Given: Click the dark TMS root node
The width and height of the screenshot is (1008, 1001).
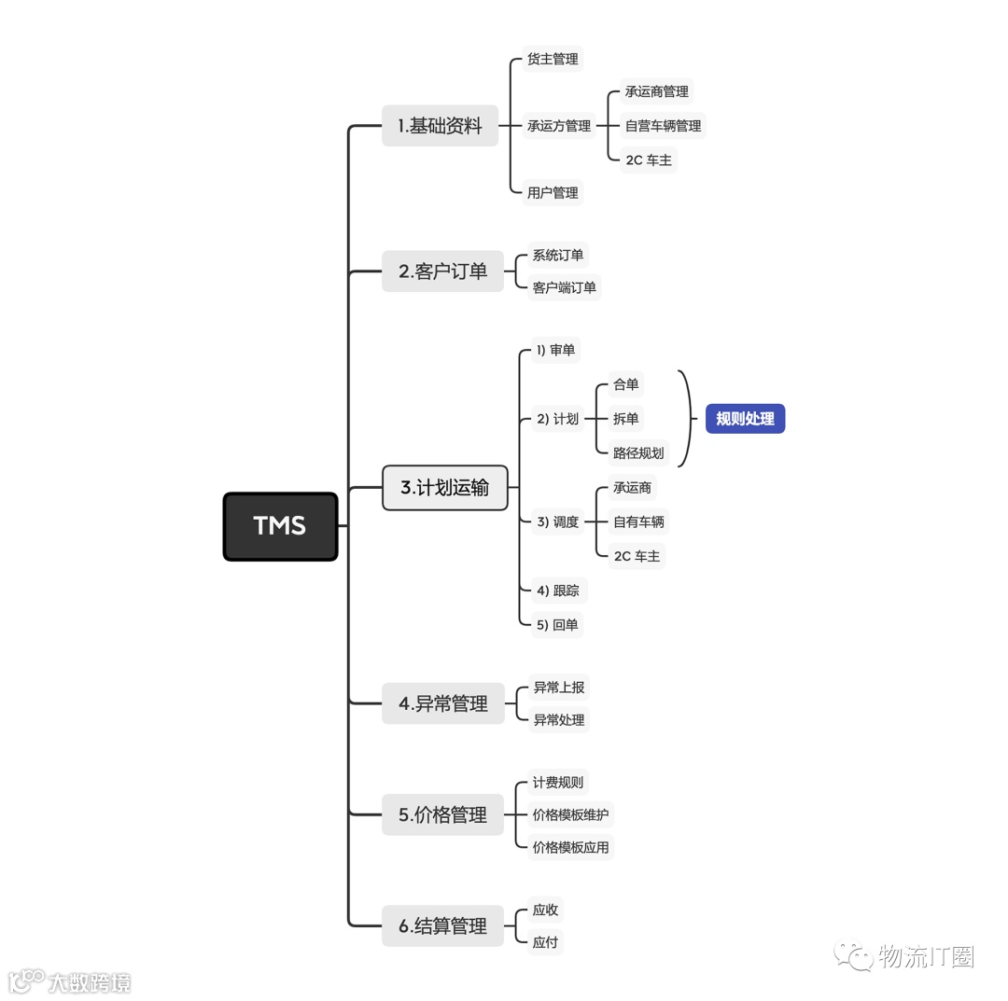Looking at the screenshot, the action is pyautogui.click(x=280, y=526).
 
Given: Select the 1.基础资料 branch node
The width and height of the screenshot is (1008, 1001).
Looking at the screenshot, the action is pyautogui.click(x=440, y=126).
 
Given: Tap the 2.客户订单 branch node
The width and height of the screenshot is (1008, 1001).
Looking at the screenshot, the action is pyautogui.click(x=442, y=271).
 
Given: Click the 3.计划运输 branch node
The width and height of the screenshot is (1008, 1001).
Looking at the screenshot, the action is pyautogui.click(x=445, y=488).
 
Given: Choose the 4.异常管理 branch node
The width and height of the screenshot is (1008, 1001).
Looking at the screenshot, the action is pyautogui.click(x=443, y=703).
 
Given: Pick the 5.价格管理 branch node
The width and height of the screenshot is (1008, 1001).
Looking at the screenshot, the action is pyautogui.click(x=442, y=814).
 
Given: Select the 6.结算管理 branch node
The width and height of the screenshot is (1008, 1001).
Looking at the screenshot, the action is pyautogui.click(x=442, y=926).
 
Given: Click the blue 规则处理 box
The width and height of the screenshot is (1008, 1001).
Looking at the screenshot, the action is pyautogui.click(x=745, y=419).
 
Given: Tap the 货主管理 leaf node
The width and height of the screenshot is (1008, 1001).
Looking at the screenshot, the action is pyautogui.click(x=553, y=59).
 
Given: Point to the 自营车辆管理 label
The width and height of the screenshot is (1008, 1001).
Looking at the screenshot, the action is pyautogui.click(x=663, y=126).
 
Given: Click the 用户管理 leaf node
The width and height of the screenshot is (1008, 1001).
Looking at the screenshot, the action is pyautogui.click(x=553, y=193).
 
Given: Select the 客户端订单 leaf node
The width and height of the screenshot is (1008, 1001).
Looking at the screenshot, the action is pyautogui.click(x=564, y=287).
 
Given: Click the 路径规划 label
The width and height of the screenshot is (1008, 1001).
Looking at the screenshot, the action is pyautogui.click(x=638, y=453).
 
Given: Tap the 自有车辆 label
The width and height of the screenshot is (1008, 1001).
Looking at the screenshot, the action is pyautogui.click(x=638, y=521).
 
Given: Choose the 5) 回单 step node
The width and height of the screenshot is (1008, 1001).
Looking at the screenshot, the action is pyautogui.click(x=557, y=625).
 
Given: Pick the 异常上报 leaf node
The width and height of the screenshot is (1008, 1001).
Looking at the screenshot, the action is pyautogui.click(x=558, y=688).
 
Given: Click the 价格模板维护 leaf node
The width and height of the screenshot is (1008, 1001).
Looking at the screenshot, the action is pyautogui.click(x=570, y=814).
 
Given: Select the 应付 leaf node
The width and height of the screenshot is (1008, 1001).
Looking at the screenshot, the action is pyautogui.click(x=545, y=942).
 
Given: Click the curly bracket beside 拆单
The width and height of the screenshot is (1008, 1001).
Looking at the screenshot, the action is pyautogui.click(x=688, y=419).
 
